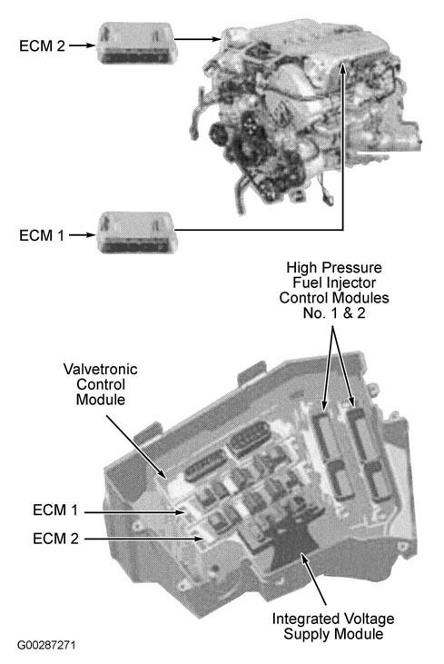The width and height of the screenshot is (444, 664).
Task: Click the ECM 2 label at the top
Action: coord(43,45)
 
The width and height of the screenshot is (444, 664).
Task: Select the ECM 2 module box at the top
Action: coord(135,43)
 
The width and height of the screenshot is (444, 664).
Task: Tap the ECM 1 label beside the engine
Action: coord(42,235)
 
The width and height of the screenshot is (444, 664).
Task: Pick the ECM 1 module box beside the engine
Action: coord(135,233)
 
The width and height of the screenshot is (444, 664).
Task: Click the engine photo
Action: coord(305,119)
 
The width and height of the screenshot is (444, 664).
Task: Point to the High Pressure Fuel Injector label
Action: coord(334,290)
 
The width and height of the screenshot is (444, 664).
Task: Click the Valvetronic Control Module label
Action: coord(101,384)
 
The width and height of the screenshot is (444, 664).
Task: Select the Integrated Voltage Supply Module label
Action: coord(333,627)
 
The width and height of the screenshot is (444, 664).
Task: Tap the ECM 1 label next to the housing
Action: coord(55,510)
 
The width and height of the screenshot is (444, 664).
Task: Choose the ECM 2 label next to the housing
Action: coord(56,539)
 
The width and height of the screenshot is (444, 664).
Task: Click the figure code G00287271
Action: coord(46,645)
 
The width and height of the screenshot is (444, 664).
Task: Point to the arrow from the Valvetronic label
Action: coord(135,446)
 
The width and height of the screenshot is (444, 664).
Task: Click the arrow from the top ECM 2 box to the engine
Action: coord(198,39)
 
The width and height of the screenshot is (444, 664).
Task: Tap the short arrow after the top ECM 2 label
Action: coord(83,45)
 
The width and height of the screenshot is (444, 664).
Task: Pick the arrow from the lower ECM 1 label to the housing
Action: coord(134,512)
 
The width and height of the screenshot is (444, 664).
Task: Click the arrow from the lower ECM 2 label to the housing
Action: coord(143,539)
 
